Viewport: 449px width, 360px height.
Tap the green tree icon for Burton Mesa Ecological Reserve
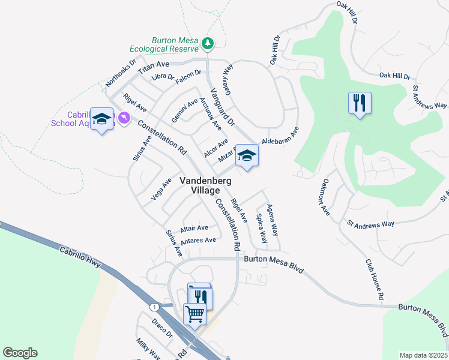(208, 43)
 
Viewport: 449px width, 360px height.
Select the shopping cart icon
(194, 313)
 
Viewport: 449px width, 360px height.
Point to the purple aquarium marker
(124, 119)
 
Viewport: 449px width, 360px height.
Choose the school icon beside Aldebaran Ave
(246, 156)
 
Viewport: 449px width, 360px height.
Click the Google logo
(20, 353)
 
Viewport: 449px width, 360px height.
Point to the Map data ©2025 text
(423, 355)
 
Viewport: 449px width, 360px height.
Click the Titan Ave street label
(154, 67)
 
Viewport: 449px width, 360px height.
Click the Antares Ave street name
(198, 241)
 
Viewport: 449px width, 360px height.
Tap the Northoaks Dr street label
(121, 71)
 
